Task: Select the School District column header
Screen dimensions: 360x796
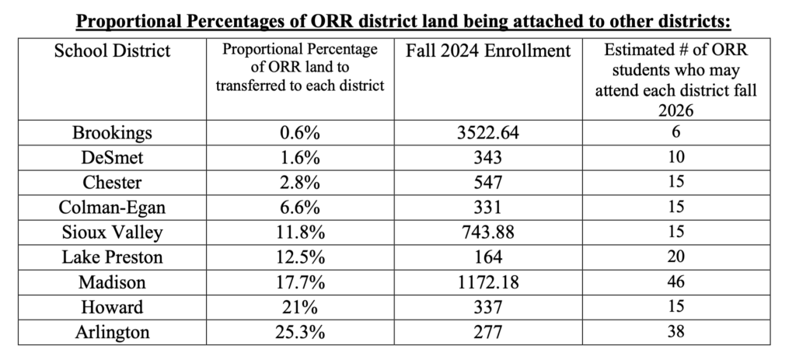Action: pyautogui.click(x=112, y=52)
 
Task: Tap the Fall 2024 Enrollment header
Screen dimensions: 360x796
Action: pyautogui.click(x=488, y=52)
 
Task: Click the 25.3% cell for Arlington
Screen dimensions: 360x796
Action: pyautogui.click(x=300, y=332)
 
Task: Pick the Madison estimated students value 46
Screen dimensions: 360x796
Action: pyautogui.click(x=676, y=282)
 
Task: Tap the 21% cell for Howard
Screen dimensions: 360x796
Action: pyautogui.click(x=300, y=307)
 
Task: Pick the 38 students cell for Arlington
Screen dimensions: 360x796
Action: pyautogui.click(x=676, y=332)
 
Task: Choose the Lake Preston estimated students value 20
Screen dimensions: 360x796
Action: pyautogui.click(x=676, y=257)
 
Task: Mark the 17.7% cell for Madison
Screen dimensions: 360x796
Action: pyautogui.click(x=300, y=282)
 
